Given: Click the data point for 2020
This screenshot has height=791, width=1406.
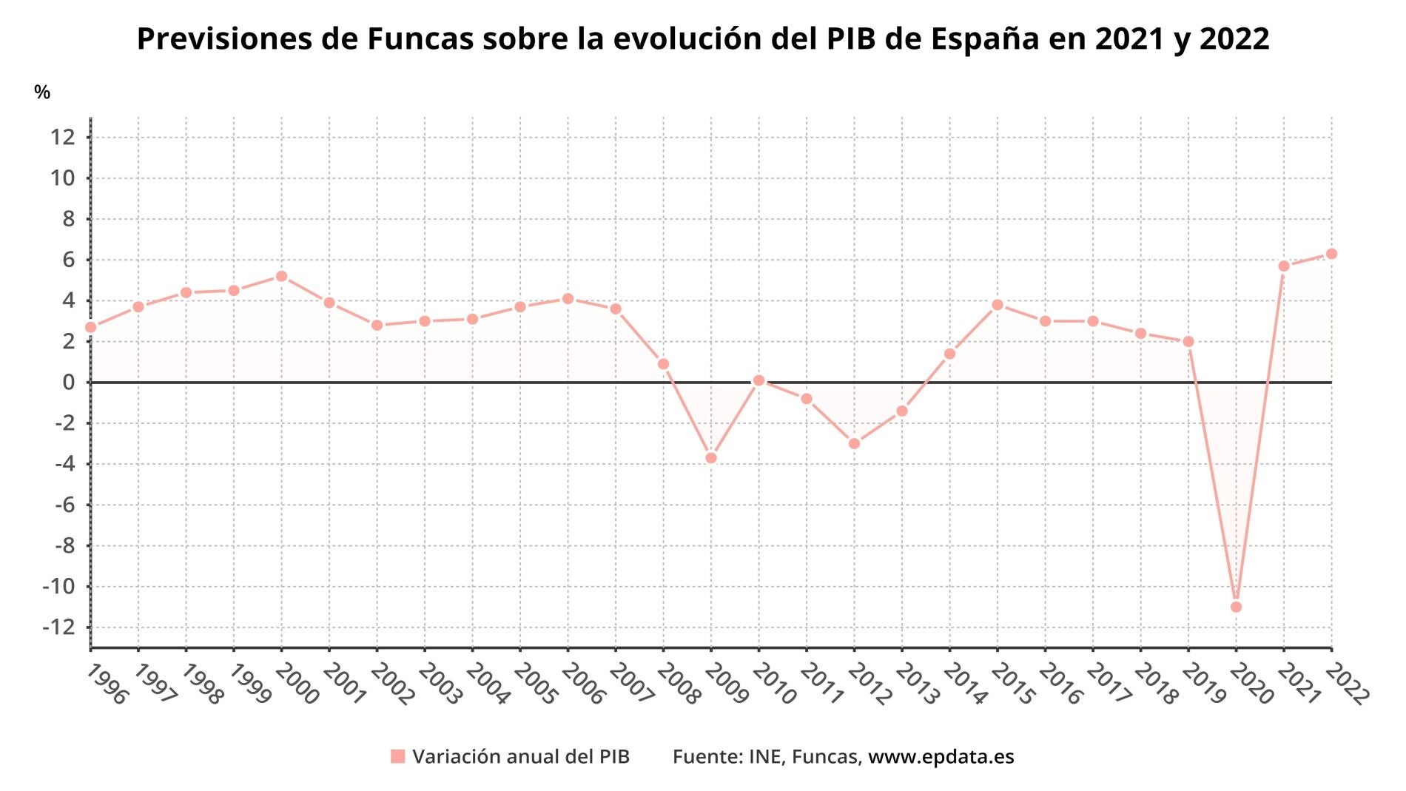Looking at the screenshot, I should click(1236, 607).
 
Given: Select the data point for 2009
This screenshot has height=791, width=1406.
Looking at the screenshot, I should click(711, 458).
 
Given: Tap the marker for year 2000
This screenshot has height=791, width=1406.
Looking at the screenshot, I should click(281, 276).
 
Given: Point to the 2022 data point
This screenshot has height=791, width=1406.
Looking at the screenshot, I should click(1331, 254).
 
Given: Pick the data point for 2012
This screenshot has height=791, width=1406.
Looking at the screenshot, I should click(854, 443).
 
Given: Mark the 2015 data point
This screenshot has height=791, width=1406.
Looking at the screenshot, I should click(998, 305).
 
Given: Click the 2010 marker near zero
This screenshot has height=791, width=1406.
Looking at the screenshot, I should click(758, 380).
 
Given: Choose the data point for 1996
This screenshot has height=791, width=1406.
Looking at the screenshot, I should click(91, 327).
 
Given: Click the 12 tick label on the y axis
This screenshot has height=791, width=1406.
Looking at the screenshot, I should click(63, 137).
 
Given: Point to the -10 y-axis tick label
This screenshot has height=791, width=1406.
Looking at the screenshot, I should click(59, 587).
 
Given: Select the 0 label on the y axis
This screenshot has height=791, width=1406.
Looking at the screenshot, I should click(69, 383).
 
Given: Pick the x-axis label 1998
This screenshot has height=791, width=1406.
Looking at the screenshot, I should click(201, 683).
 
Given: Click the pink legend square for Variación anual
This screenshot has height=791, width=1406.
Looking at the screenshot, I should click(398, 757).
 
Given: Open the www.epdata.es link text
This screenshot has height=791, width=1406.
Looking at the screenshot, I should click(941, 757).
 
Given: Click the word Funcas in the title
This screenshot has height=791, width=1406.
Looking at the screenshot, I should click(420, 39).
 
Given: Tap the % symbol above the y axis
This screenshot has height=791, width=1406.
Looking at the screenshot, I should click(42, 92).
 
